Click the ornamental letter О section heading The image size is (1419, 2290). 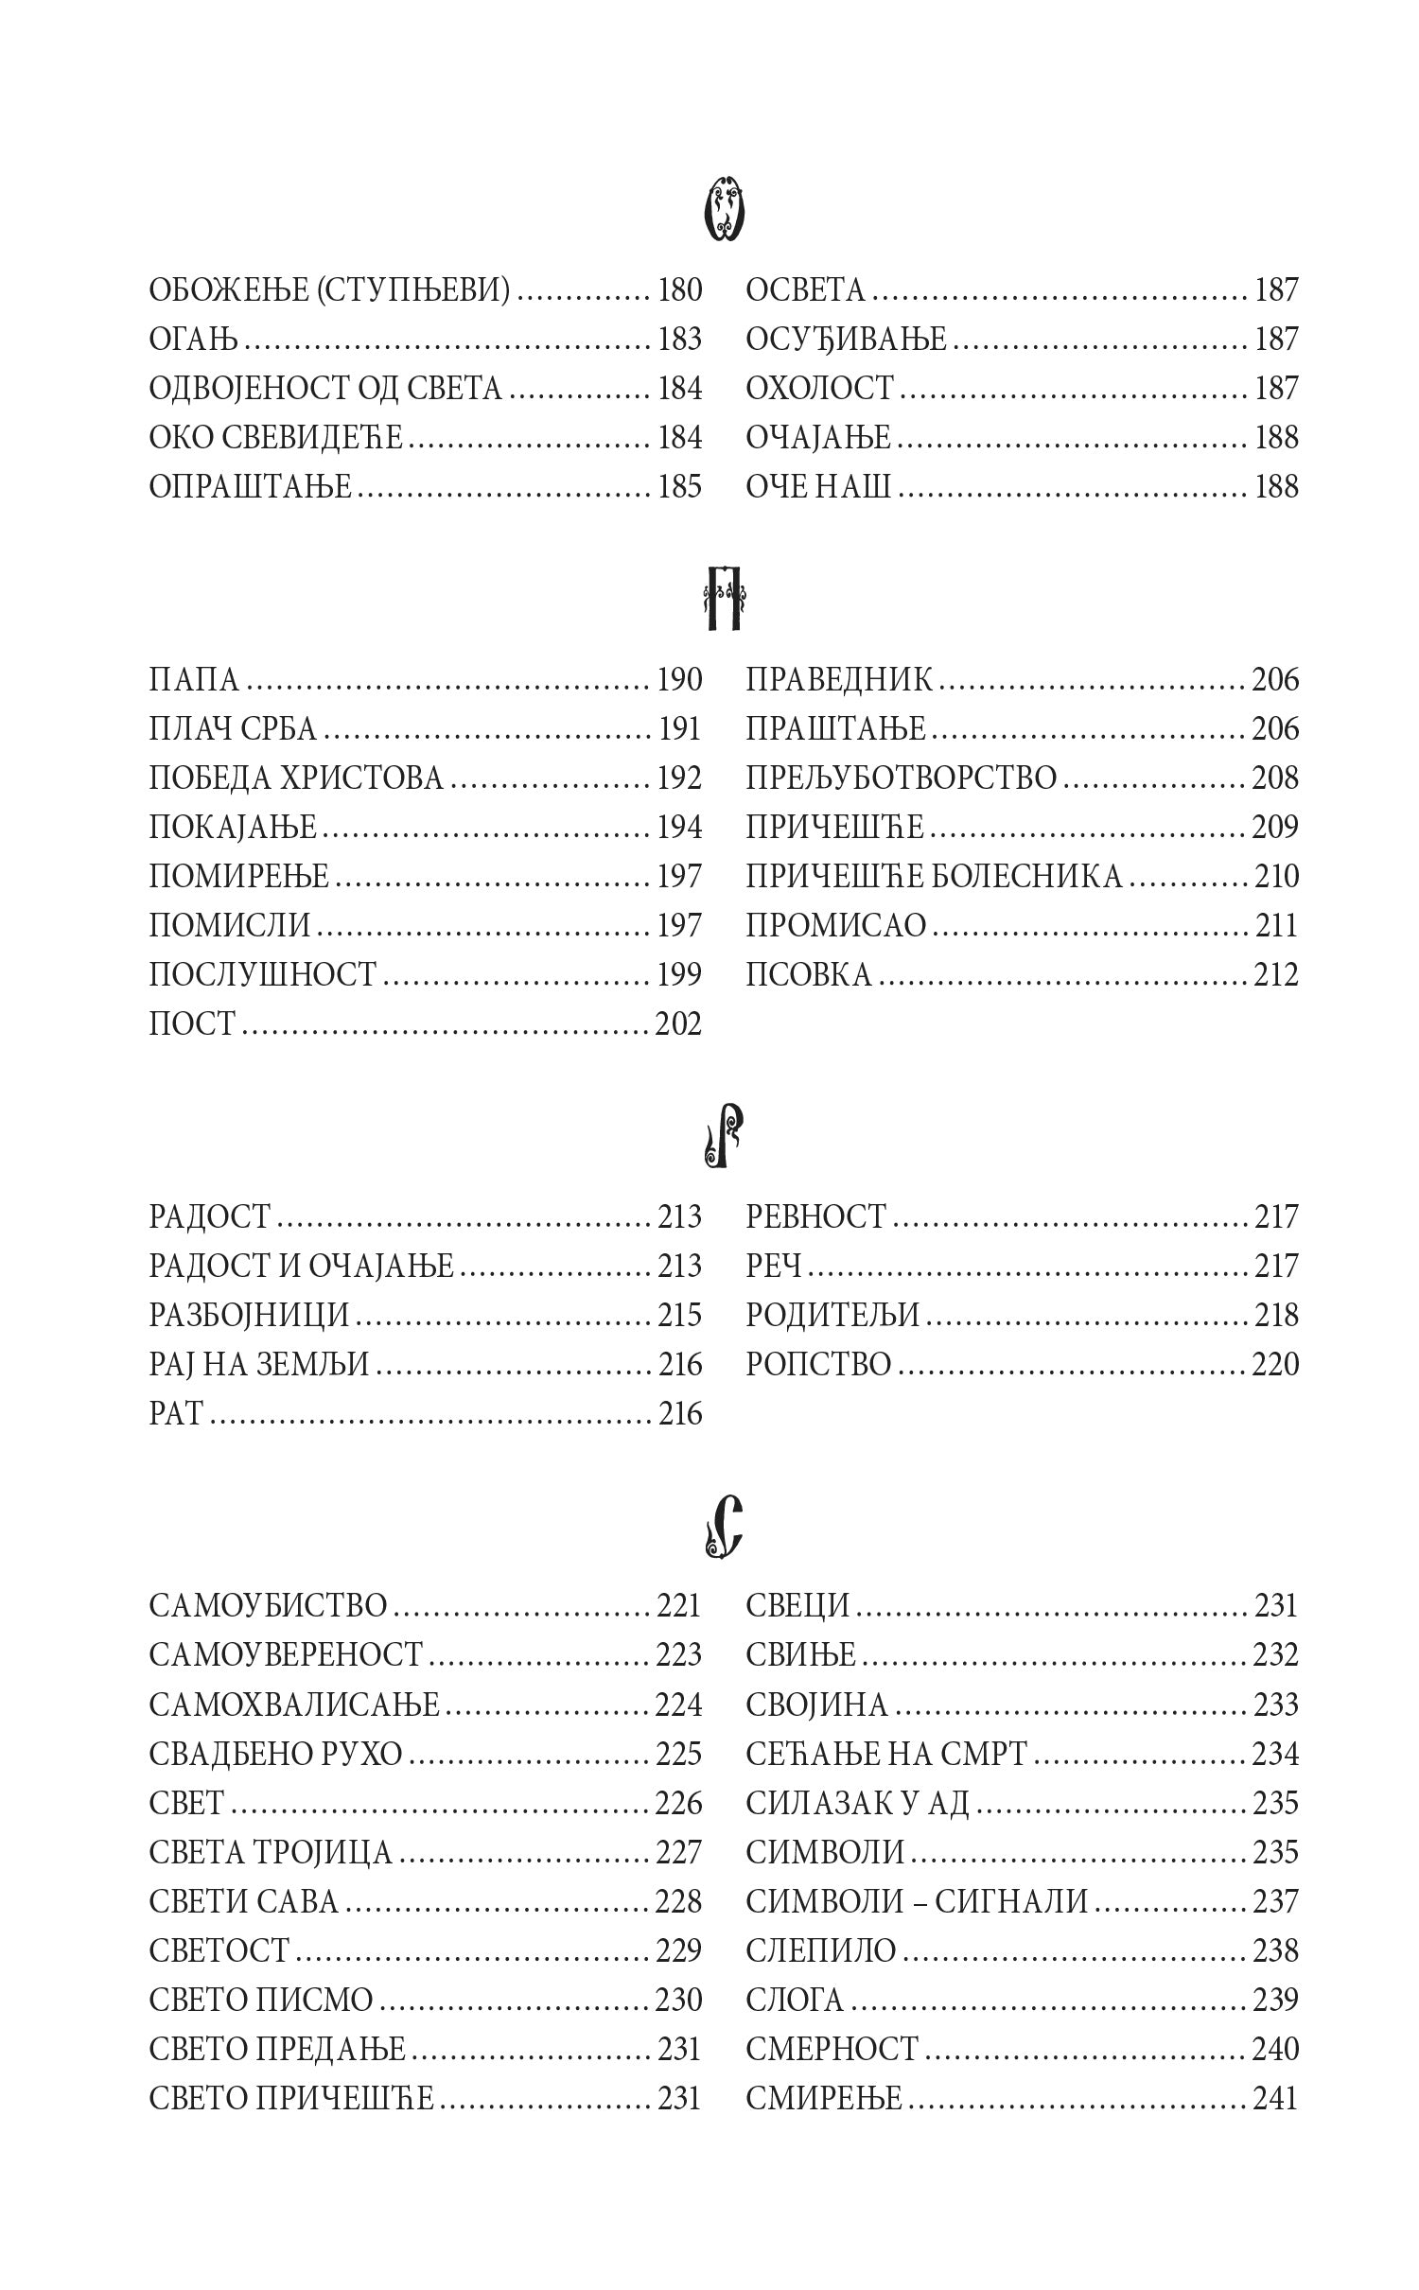[x=724, y=209]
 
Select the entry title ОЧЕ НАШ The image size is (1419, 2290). [x=818, y=487]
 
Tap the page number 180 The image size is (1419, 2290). [x=679, y=290]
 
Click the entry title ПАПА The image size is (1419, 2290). [x=195, y=680]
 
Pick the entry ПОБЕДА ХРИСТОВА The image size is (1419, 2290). [x=296, y=778]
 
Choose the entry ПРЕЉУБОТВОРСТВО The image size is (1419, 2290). [x=901, y=778]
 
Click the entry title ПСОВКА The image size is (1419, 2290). [x=809, y=975]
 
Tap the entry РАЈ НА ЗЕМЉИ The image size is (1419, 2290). [x=259, y=1365]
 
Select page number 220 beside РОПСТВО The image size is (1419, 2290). [x=1275, y=1365]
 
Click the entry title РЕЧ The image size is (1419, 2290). [x=774, y=1267]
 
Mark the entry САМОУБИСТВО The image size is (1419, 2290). [x=269, y=1605]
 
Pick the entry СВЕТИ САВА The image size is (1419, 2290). [x=244, y=1900]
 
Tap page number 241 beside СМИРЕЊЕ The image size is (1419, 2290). [x=1275, y=2097]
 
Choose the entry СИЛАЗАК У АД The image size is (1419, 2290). [x=858, y=1802]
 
